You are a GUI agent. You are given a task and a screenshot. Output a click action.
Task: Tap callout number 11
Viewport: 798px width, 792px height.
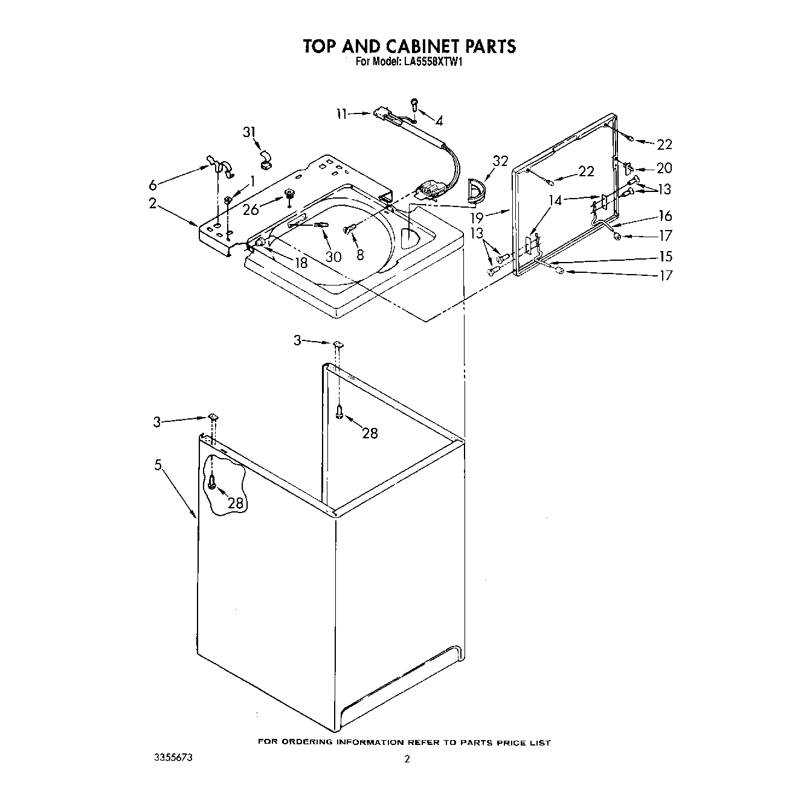[x=343, y=113]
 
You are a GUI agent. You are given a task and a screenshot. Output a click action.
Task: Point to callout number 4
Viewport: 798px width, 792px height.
[x=439, y=121]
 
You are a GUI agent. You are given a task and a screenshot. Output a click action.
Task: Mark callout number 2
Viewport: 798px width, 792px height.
[x=153, y=203]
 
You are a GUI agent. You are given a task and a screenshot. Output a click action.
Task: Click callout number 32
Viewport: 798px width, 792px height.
[x=500, y=161]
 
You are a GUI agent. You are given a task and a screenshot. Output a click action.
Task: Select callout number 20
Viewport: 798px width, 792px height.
[x=664, y=168]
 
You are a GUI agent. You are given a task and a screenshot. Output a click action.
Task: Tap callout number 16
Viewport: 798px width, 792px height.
[x=665, y=216]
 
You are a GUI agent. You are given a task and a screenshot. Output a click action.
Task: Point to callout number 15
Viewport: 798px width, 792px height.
[x=665, y=257]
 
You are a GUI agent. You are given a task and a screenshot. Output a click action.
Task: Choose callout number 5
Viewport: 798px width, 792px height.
[x=158, y=464]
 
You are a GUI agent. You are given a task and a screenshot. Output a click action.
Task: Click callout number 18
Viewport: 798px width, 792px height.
[x=300, y=262]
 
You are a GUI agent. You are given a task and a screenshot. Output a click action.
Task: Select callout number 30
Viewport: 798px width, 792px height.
[x=333, y=256]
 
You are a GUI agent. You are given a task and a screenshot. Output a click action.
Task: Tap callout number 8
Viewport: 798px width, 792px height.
[x=360, y=255]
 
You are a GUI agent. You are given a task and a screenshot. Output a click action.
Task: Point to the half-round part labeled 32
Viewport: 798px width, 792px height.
[x=477, y=189]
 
